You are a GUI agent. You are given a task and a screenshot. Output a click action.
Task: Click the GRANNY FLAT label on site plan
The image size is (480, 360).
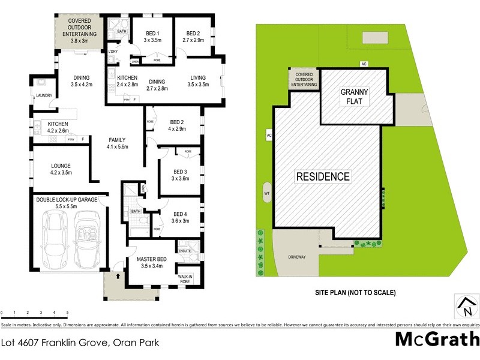[355, 96]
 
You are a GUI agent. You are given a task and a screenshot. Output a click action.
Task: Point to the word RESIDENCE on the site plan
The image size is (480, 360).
[322, 176]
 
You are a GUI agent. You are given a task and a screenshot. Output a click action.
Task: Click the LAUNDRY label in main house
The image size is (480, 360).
[44, 95]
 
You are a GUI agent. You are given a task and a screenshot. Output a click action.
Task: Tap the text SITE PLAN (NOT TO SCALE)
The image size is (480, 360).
[355, 293]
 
